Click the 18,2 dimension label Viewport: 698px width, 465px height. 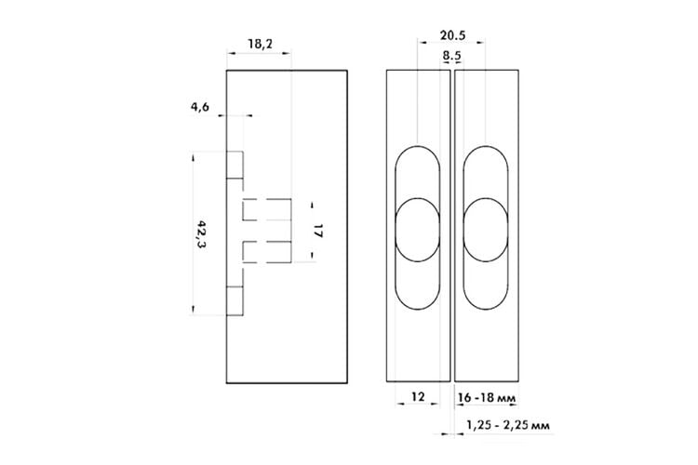coord(261,44)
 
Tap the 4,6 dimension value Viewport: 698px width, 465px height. coord(200,107)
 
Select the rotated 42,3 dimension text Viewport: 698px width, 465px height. coord(201,234)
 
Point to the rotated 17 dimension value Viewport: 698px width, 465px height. coord(317,231)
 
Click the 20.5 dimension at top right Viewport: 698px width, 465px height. coord(452,35)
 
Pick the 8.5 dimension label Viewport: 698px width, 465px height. coord(451,56)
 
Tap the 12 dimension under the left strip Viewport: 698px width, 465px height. coord(418,396)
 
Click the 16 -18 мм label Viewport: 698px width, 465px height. coord(486,397)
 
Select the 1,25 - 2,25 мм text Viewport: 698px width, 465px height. coord(508,425)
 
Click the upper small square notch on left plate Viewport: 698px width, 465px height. coord(235,165)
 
